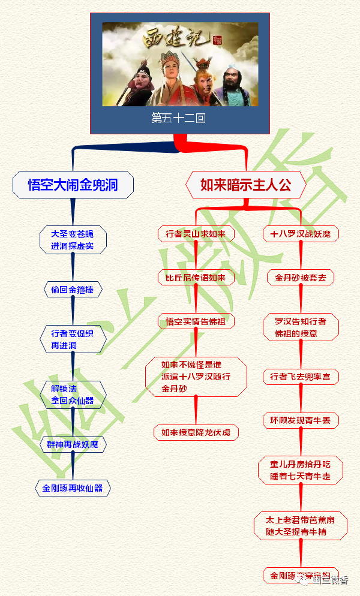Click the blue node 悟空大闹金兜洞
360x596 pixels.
tap(73, 185)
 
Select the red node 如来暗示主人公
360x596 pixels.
tap(245, 185)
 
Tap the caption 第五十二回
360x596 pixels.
tap(179, 118)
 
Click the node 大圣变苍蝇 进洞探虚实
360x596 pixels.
tap(73, 240)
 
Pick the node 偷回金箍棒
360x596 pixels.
tap(73, 290)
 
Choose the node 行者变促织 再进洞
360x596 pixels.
tap(73, 339)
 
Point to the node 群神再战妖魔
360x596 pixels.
tap(73, 445)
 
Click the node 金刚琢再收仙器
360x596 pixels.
tap(73, 488)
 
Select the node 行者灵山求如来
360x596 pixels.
tap(196, 234)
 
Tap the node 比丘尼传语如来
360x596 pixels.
tap(196, 277)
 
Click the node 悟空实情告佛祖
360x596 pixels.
tap(196, 321)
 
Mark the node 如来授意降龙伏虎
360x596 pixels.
tap(196, 432)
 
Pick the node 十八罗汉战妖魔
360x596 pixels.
tap(301, 234)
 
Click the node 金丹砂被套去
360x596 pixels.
tap(301, 278)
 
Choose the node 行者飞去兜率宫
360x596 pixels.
tap(301, 377)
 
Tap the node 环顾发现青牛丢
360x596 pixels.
tap(301, 420)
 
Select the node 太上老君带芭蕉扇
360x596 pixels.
tap(301, 526)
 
